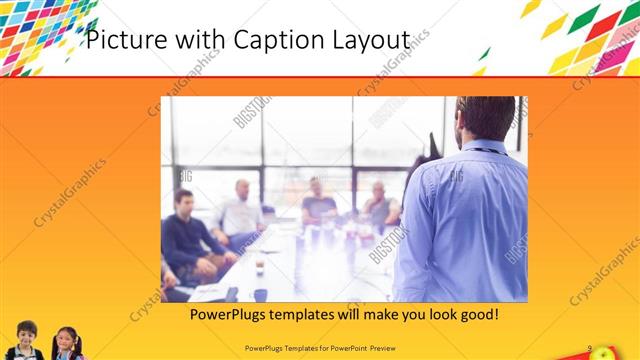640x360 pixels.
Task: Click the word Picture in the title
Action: click(x=121, y=40)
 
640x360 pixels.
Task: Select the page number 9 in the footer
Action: click(x=590, y=348)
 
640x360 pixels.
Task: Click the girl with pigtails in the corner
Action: click(x=67, y=341)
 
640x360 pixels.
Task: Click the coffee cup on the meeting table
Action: click(x=259, y=267)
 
